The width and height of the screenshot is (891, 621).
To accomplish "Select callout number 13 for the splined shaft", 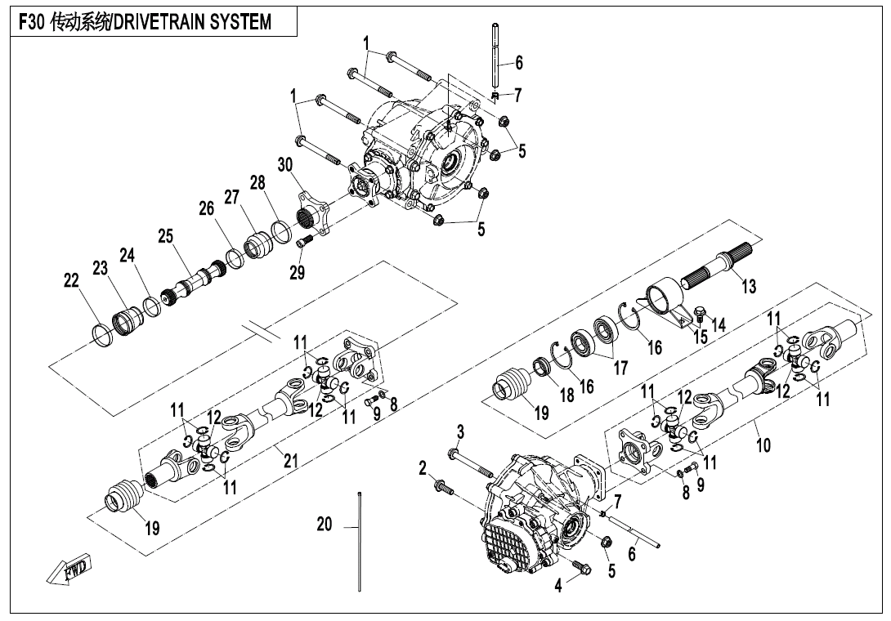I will (749, 286).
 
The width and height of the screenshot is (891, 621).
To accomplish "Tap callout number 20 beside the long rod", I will (325, 525).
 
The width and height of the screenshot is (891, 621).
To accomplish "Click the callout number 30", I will (284, 164).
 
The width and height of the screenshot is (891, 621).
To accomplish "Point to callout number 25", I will (166, 237).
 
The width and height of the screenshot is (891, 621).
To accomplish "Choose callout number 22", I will (71, 281).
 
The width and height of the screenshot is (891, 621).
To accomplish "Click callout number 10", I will (763, 445).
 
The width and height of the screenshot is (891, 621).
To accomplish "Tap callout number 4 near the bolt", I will (559, 586).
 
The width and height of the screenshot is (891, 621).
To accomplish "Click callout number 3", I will (460, 431).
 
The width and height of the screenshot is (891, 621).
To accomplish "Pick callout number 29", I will (297, 273).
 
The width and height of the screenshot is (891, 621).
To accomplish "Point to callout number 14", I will (719, 324).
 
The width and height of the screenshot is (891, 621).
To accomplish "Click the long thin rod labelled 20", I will (359, 539).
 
